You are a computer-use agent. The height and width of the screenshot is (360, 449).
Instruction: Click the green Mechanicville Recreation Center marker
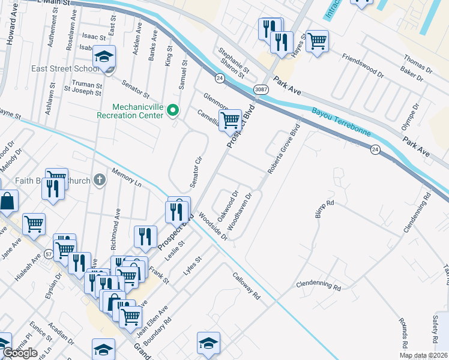pos(173,110)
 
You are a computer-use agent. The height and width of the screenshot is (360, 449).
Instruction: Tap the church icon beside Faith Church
pos(99,179)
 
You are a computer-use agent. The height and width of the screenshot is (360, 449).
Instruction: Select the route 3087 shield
pos(261,89)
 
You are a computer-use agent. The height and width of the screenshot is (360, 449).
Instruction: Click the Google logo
pos(20,353)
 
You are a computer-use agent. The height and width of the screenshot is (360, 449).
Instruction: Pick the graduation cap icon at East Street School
pos(104,57)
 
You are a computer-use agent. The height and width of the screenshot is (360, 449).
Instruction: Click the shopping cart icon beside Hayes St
pos(317,40)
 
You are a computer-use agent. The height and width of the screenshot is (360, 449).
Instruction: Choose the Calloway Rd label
pos(247,286)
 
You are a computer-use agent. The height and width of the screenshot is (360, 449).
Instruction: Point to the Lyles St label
pos(193,266)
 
